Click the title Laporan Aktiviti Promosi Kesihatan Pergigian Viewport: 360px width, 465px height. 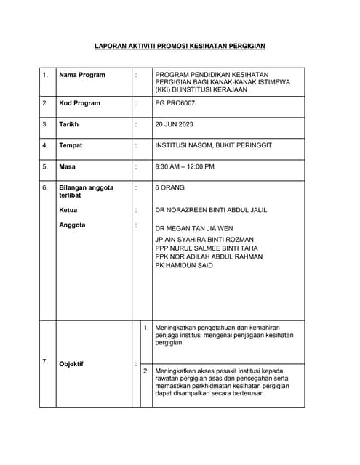180,46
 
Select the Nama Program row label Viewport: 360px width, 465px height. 81,75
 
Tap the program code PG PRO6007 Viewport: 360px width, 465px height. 175,103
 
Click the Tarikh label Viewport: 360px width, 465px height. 69,124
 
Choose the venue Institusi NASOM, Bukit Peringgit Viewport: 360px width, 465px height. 213,145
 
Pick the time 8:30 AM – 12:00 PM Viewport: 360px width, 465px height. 185,166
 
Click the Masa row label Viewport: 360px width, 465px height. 67,166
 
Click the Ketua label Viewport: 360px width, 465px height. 68,210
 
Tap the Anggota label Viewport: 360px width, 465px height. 72,225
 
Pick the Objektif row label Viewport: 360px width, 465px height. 71,364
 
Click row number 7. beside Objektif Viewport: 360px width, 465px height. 45,361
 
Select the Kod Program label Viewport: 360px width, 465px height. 79,103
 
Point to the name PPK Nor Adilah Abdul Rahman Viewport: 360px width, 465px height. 209,256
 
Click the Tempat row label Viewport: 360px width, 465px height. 71,145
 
